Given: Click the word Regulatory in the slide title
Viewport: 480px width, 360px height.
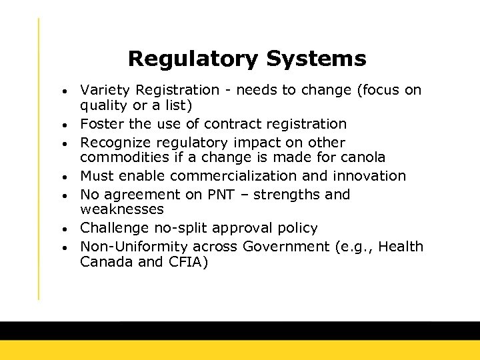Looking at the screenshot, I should coord(193,59).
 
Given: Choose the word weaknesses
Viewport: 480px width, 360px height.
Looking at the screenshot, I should coord(122,210).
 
